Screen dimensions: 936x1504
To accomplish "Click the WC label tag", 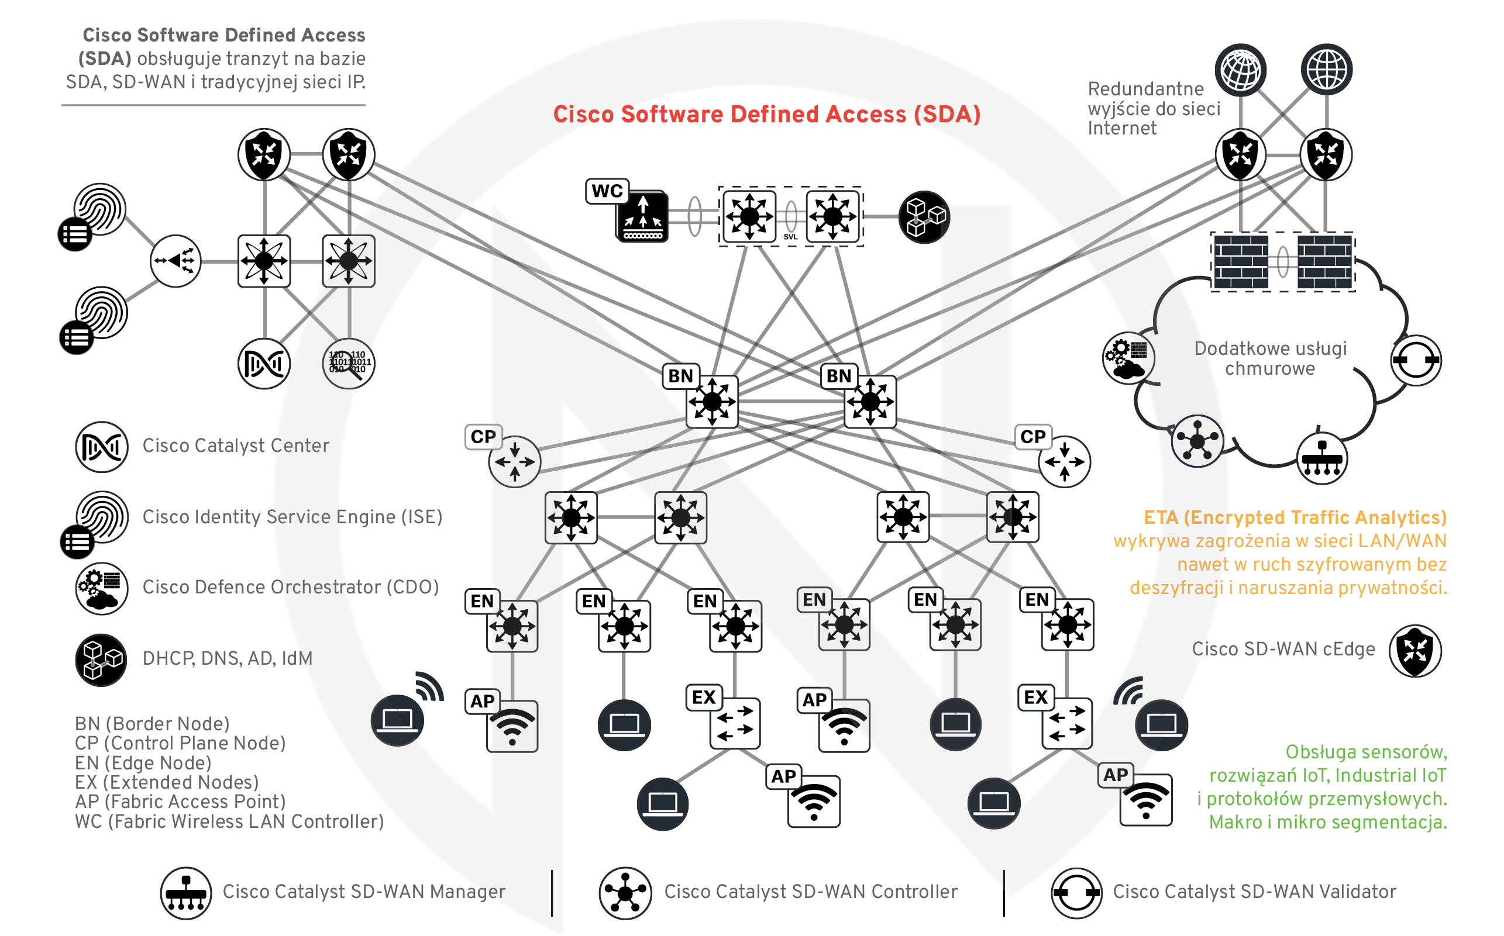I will (607, 191).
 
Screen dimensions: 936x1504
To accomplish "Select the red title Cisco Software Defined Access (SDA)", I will (766, 115).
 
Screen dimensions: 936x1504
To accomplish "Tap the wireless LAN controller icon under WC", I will (642, 217).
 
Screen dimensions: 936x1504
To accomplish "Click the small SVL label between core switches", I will (790, 236).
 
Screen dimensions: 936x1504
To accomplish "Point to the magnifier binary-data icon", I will (349, 364).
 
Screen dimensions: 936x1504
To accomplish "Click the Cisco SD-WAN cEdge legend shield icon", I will (1415, 651).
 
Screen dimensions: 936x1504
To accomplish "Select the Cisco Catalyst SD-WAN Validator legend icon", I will (1076, 893).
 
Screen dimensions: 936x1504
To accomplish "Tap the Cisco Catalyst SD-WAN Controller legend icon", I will (624, 893).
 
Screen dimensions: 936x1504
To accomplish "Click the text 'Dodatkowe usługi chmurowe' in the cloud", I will (1270, 358).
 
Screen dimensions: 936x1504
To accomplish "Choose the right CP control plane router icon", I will (1064, 462).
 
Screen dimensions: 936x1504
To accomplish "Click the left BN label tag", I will (680, 376).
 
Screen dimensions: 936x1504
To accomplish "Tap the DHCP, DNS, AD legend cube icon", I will (101, 659).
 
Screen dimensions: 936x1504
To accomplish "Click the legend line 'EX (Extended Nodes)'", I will (167, 782).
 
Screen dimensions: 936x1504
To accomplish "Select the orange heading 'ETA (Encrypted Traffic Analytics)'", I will (1295, 517).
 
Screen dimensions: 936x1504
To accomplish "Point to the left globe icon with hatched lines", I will (1240, 69).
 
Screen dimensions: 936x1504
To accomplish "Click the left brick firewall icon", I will (1240, 261).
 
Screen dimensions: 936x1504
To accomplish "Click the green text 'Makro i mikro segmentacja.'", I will (1327, 823).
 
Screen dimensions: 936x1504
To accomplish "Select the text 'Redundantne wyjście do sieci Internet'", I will (1152, 108).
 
